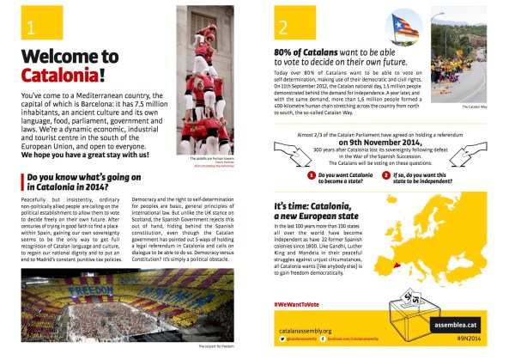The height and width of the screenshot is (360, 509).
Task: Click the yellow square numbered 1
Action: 30,27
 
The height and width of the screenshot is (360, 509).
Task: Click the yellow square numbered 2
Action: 283,27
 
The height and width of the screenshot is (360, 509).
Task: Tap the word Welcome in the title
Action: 58,58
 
